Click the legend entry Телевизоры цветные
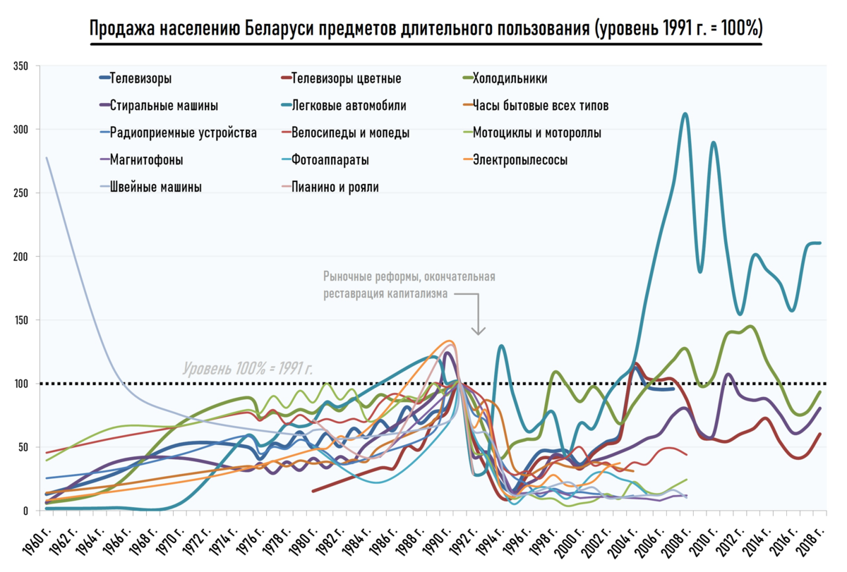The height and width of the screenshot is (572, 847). (x=346, y=79)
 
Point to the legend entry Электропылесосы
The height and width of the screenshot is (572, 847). (x=519, y=160)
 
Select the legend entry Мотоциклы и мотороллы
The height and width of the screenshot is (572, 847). (x=536, y=133)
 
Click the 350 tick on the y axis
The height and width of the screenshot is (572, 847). (x=20, y=66)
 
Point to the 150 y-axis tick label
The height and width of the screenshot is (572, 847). (x=20, y=320)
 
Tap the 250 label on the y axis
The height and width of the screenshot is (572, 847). (x=20, y=193)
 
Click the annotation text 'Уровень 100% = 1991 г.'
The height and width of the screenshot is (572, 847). (x=248, y=368)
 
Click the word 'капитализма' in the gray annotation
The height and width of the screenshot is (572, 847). (x=413, y=294)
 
